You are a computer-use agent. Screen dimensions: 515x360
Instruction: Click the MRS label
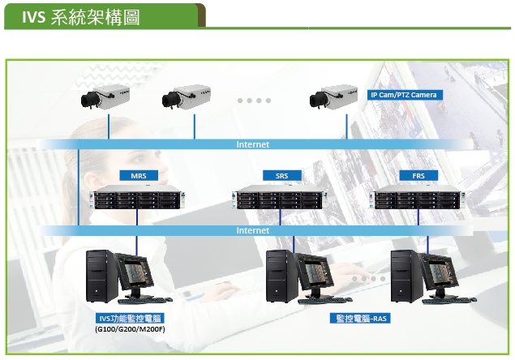[x=139, y=176]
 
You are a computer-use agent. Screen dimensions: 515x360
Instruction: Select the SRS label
[x=281, y=176]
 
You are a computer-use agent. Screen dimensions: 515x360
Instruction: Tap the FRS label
[x=418, y=176]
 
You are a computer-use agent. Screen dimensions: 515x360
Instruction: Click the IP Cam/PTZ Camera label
[x=405, y=95]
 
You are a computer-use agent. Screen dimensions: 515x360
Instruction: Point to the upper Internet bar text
[x=253, y=144]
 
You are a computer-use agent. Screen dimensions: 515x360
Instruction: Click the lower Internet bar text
[x=253, y=230]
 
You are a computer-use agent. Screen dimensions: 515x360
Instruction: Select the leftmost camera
[x=105, y=97]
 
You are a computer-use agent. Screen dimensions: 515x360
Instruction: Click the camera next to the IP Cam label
[x=333, y=97]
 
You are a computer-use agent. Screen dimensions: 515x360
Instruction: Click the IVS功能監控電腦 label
[x=130, y=319]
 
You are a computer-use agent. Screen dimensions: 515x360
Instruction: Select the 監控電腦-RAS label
[x=360, y=319]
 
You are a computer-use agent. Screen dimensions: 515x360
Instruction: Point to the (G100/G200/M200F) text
[x=130, y=329]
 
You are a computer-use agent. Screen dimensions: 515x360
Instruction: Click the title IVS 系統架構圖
[x=81, y=17]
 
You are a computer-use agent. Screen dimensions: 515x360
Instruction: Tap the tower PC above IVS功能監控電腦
[x=101, y=276]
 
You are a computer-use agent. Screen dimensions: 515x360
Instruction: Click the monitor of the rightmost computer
[x=439, y=272]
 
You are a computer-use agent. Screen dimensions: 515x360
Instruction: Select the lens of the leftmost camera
[x=88, y=100]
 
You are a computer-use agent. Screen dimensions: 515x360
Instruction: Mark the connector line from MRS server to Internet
[x=137, y=217]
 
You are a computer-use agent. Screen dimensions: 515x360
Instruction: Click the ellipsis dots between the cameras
[x=254, y=101]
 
